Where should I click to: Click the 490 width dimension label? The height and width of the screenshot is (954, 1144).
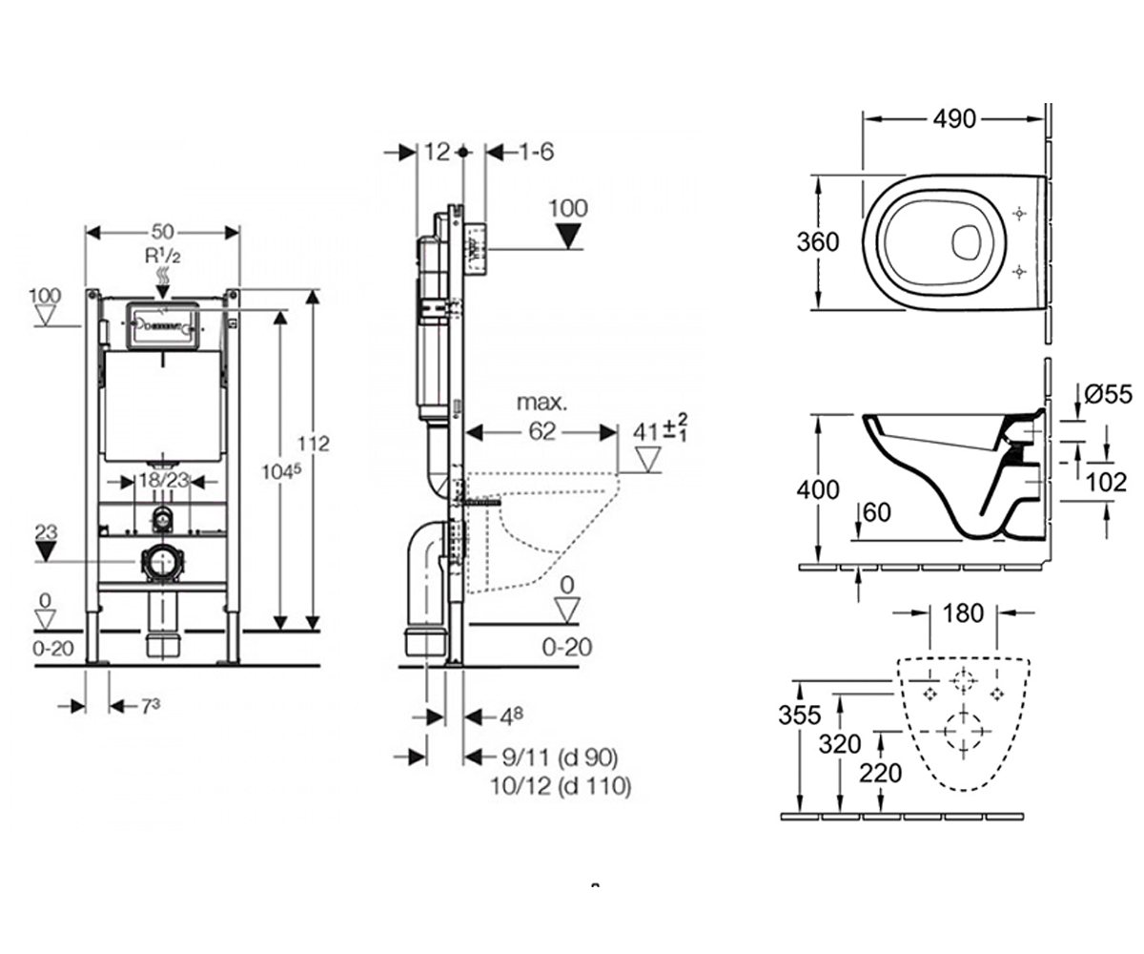click(x=954, y=118)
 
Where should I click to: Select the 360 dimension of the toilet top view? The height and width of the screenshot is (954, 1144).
click(x=817, y=241)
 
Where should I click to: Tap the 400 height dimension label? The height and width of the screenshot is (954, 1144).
click(x=817, y=489)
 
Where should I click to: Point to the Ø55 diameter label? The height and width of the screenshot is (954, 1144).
click(x=1109, y=394)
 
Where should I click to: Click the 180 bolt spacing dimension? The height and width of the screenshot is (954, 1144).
click(x=963, y=613)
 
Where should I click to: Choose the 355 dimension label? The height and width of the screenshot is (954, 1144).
click(x=800, y=715)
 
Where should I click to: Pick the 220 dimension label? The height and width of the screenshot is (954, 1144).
click(x=881, y=773)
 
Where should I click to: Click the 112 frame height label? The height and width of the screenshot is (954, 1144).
click(x=314, y=443)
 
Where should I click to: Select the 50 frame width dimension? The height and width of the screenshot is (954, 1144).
click(x=163, y=232)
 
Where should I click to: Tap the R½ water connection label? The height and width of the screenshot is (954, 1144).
click(x=162, y=256)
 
